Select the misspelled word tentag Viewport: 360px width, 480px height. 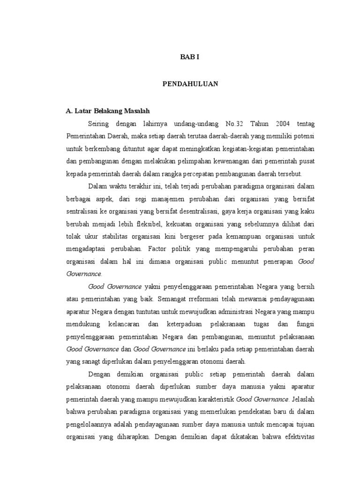pyautogui.click(x=305, y=124)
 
